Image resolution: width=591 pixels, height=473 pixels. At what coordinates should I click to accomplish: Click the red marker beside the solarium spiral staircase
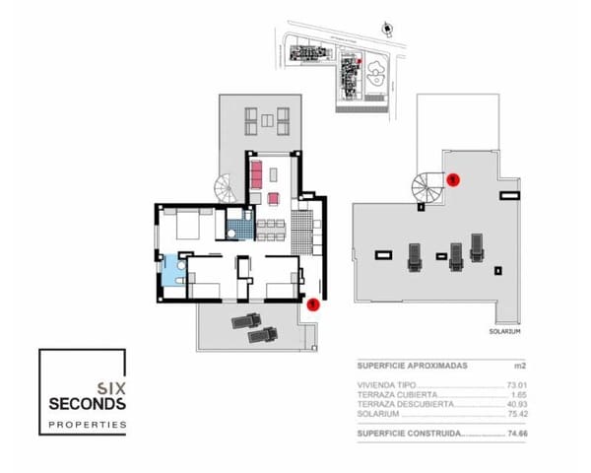[453, 179]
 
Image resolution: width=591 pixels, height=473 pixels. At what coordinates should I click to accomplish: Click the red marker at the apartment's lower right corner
[312, 304]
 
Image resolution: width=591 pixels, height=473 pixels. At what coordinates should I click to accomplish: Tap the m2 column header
[516, 366]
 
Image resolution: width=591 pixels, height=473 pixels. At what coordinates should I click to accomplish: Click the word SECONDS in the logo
[88, 404]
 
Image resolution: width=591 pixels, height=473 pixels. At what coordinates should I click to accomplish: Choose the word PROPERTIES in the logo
[88, 425]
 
